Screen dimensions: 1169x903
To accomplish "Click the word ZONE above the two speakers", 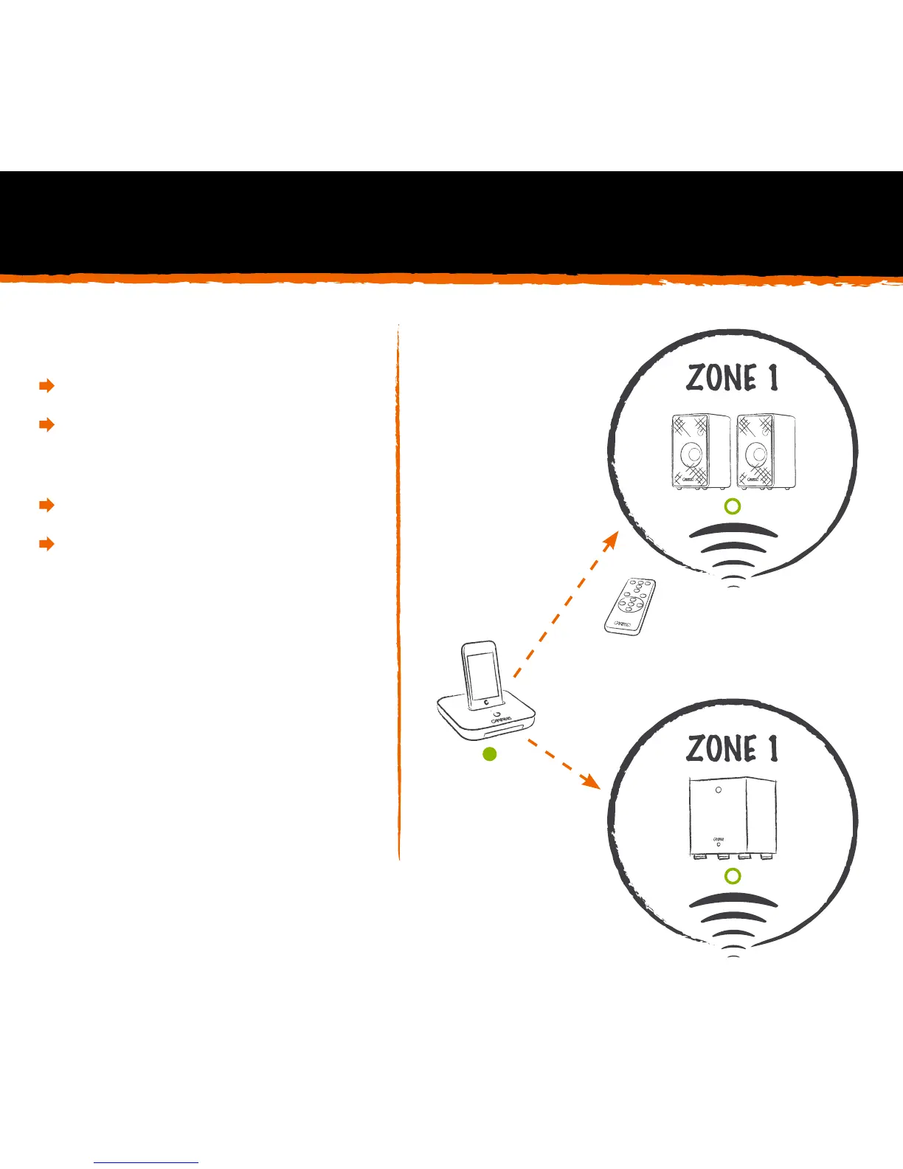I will pyautogui.click(x=722, y=378).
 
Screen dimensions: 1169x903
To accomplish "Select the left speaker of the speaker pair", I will pyautogui.click(x=700, y=452).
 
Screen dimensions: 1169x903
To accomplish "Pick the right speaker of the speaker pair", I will pyautogui.click(x=766, y=452).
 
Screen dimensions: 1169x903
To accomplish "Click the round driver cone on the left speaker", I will pyautogui.click(x=692, y=453).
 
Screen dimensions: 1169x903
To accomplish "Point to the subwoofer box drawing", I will pyautogui.click(x=732, y=819).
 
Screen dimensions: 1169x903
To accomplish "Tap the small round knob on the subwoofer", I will pyautogui.click(x=719, y=790).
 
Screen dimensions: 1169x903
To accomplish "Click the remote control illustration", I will pyautogui.click(x=630, y=605).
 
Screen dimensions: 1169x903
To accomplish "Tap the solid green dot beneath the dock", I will pyautogui.click(x=488, y=754).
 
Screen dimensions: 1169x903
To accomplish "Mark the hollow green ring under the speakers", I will pyautogui.click(x=732, y=506).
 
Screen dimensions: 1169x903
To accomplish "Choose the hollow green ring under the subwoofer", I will pyautogui.click(x=732, y=876).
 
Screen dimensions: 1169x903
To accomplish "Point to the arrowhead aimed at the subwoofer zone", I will pyautogui.click(x=589, y=781).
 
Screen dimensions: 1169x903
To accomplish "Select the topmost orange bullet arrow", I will pyautogui.click(x=46, y=385).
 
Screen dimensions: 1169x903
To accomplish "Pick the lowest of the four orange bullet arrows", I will pyautogui.click(x=46, y=545).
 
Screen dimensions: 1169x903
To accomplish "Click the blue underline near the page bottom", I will pyautogui.click(x=146, y=1162).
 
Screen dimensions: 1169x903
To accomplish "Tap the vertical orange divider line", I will pyautogui.click(x=398, y=590).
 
